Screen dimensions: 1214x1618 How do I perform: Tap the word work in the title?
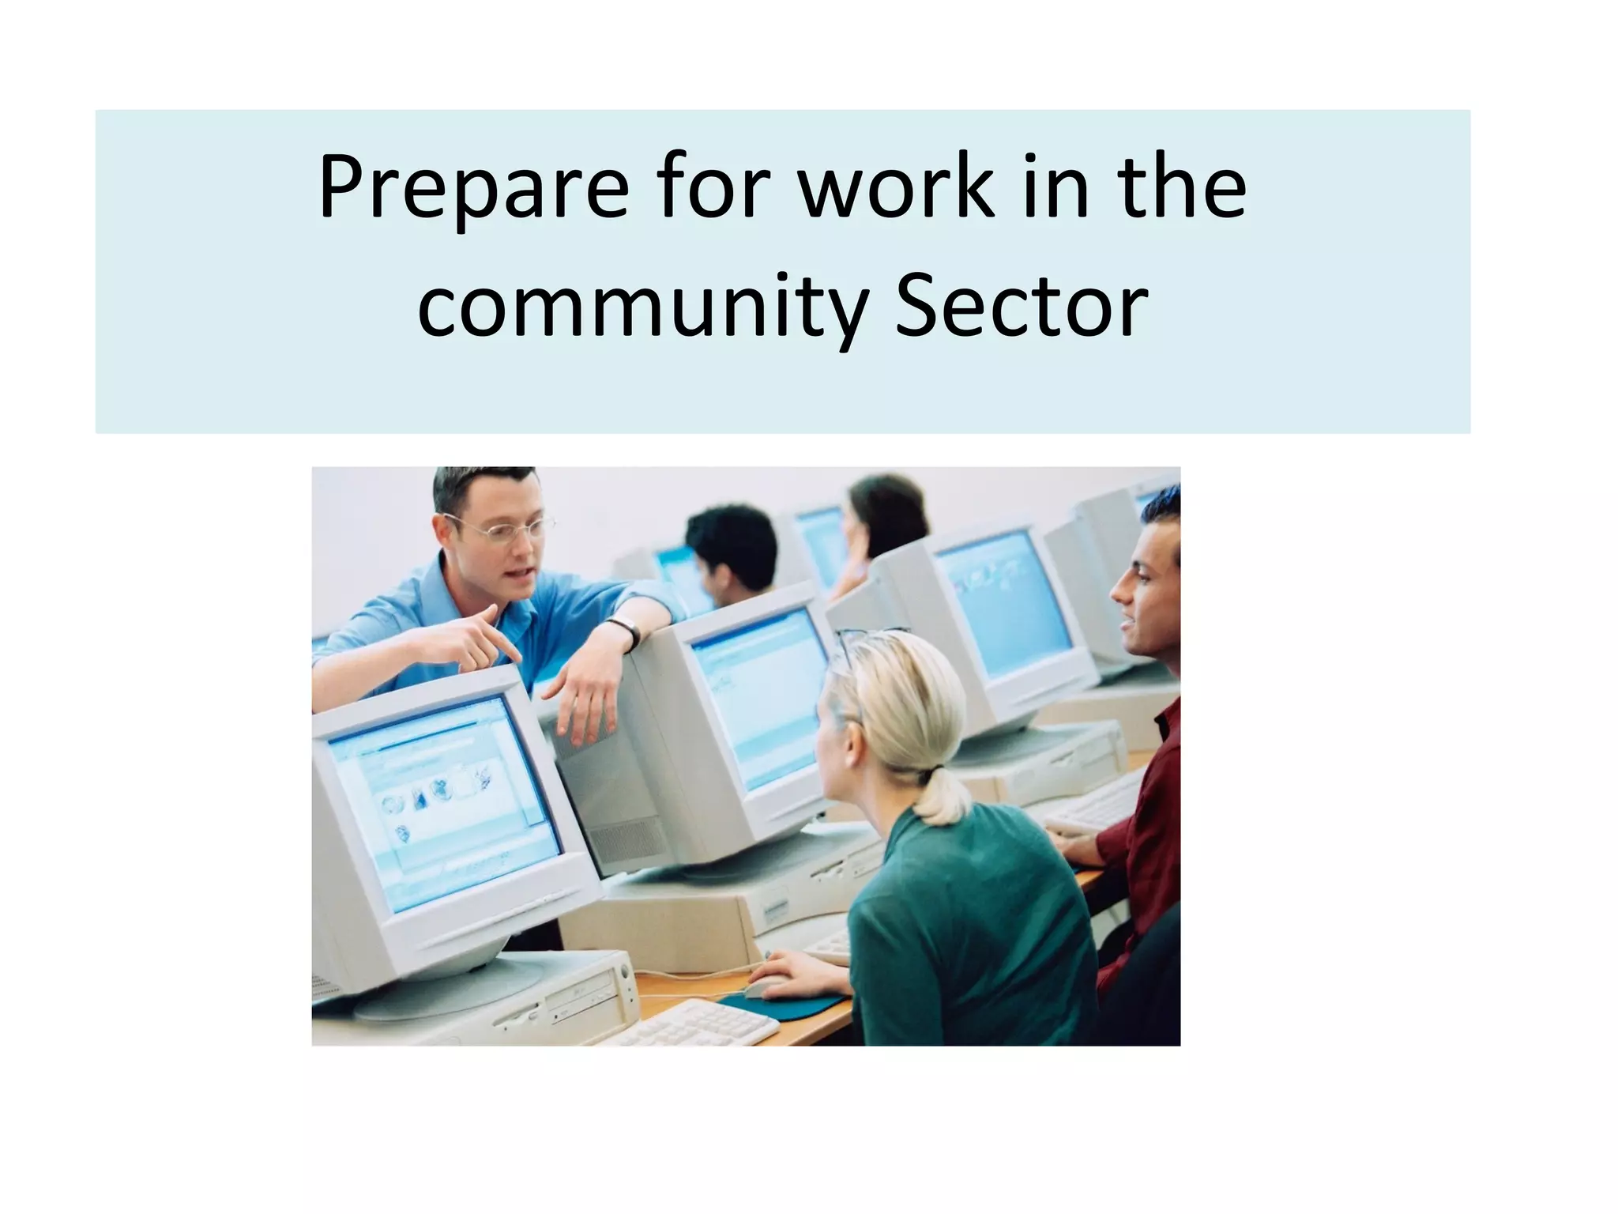[x=895, y=188]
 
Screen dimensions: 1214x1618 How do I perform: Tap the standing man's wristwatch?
[x=628, y=632]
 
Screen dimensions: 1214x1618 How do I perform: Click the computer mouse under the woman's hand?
[x=764, y=986]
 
